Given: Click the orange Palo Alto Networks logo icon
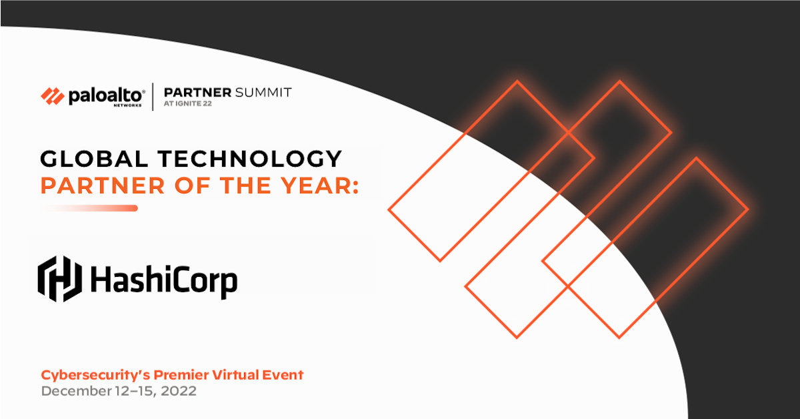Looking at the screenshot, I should (53, 97).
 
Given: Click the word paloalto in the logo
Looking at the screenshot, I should (105, 96).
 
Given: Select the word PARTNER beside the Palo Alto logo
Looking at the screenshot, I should (197, 92).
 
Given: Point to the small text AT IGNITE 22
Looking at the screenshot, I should (188, 104).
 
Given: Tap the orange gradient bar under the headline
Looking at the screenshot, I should (90, 208).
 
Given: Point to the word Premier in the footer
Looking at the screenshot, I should (174, 375).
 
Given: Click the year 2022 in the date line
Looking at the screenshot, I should (178, 391).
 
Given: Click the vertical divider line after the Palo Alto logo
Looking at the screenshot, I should (153, 97).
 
